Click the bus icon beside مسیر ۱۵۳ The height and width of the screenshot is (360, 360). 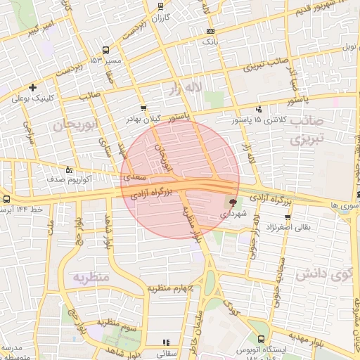point(106,50)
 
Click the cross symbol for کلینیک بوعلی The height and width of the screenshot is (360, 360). point(33,87)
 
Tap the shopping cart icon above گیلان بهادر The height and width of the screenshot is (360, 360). point(144,108)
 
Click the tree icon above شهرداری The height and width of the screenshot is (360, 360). point(233,202)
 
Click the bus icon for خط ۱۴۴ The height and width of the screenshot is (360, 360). point(6,199)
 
